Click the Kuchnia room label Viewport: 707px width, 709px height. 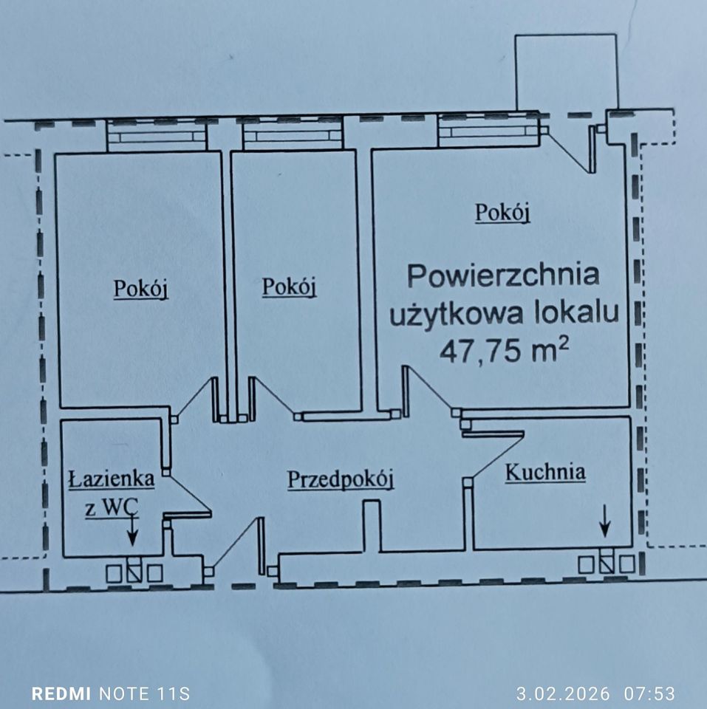click(545, 472)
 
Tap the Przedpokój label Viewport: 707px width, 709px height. click(340, 479)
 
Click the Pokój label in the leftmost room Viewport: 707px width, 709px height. click(140, 289)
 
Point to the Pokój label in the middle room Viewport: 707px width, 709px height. click(289, 287)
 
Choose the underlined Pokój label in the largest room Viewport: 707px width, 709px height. click(503, 213)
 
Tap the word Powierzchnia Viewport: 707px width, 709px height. click(503, 276)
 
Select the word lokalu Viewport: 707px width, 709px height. click(573, 314)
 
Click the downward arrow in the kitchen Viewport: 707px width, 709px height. click(605, 520)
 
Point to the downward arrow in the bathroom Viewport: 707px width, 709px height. click(132, 529)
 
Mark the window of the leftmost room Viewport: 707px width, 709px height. click(156, 136)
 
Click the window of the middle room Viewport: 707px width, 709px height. click(293, 135)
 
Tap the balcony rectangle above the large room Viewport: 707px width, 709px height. click(565, 72)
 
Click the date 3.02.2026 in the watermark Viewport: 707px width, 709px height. click(563, 693)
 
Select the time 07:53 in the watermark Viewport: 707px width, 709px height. click(649, 693)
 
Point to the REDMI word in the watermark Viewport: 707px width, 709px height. click(61, 693)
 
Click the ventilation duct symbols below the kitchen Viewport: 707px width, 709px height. click(606, 564)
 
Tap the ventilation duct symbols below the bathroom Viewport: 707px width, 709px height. click(134, 572)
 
